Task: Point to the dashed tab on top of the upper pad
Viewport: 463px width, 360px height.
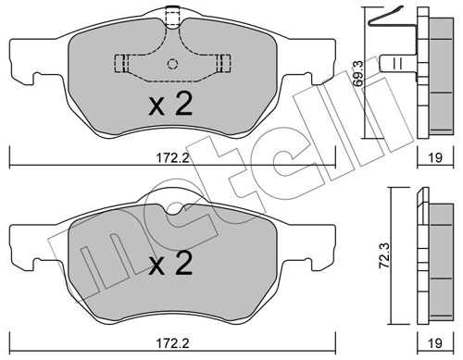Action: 171,16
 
